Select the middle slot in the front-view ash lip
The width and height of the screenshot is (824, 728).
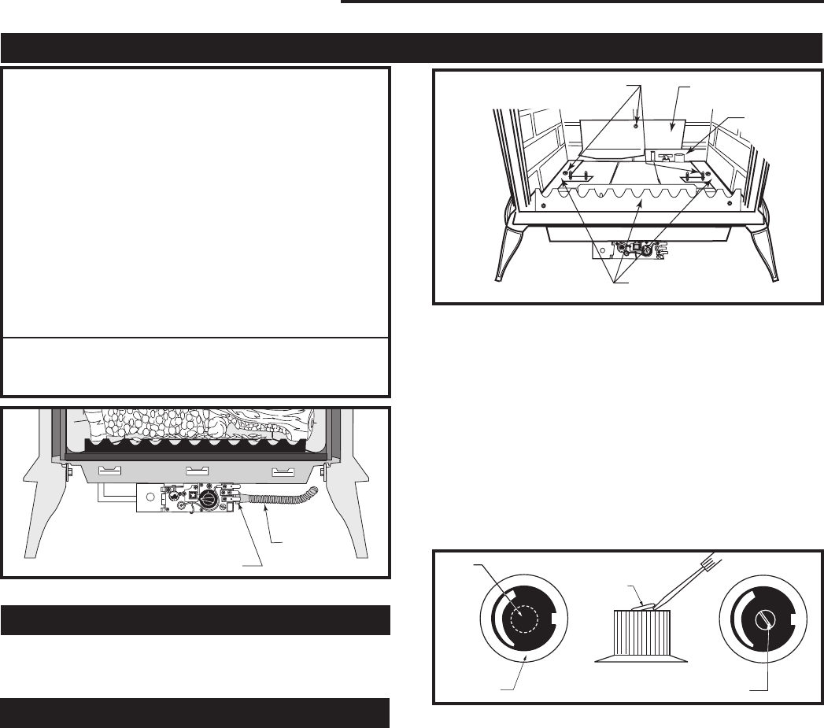(194, 471)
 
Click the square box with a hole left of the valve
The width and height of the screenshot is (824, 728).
(146, 501)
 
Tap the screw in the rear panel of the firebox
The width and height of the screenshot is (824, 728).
(635, 124)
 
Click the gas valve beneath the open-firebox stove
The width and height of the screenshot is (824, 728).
(630, 251)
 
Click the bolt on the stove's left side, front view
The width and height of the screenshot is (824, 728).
(68, 474)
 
